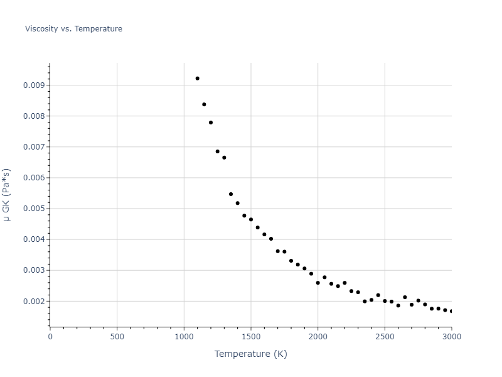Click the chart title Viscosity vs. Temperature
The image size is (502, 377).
[x=73, y=29]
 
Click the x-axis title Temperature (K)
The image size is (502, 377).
[x=250, y=354]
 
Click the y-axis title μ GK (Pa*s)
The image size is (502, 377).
[x=7, y=195]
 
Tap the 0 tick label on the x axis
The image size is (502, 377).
[x=50, y=337]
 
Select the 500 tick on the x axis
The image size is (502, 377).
[x=117, y=337]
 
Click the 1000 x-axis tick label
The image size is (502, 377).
[x=184, y=337]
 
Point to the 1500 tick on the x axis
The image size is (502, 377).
[x=251, y=337]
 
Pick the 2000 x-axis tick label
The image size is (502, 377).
[x=318, y=337]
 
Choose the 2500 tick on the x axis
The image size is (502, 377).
[x=385, y=337]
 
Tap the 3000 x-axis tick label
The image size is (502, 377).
[x=451, y=337]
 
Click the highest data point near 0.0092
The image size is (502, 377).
[x=197, y=79]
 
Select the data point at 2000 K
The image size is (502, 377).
[x=318, y=283]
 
